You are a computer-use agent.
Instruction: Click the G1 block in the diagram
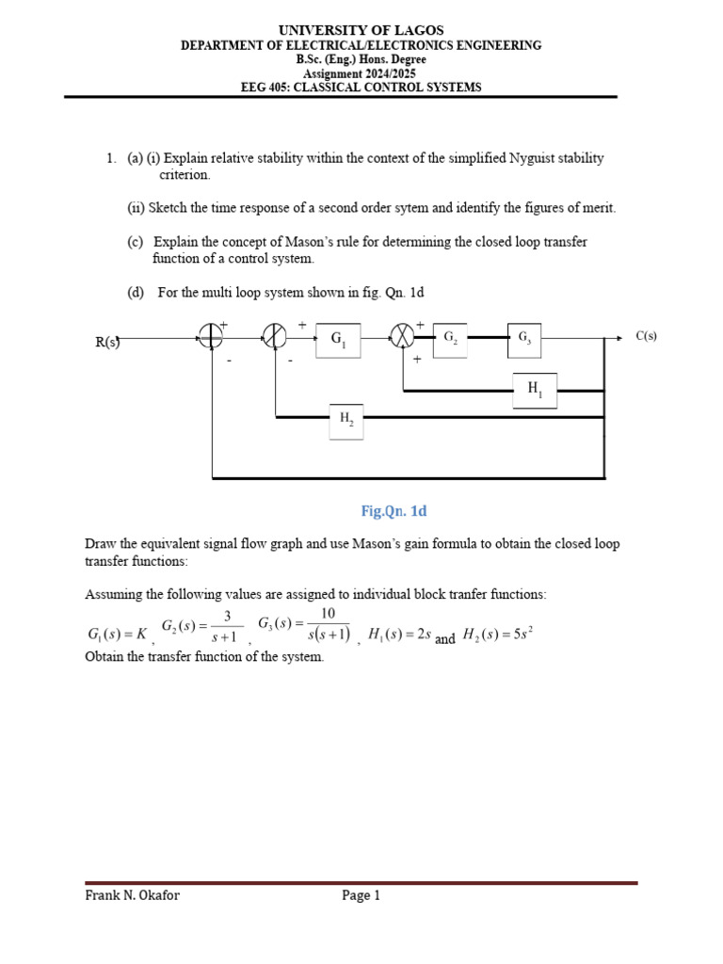(337, 342)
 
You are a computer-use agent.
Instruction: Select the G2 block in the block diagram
(450, 338)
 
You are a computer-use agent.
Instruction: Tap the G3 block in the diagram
(523, 338)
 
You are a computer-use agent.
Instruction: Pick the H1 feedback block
(534, 389)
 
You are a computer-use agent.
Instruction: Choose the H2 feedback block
(345, 421)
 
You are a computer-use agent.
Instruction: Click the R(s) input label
(107, 342)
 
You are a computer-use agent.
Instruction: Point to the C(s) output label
(647, 336)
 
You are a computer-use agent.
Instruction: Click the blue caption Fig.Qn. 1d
(394, 511)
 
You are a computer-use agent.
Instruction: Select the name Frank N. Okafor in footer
(132, 895)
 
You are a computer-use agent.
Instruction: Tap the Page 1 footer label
(361, 895)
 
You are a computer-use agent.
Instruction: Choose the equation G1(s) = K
(117, 635)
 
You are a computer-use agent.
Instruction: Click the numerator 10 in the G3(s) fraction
(328, 614)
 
